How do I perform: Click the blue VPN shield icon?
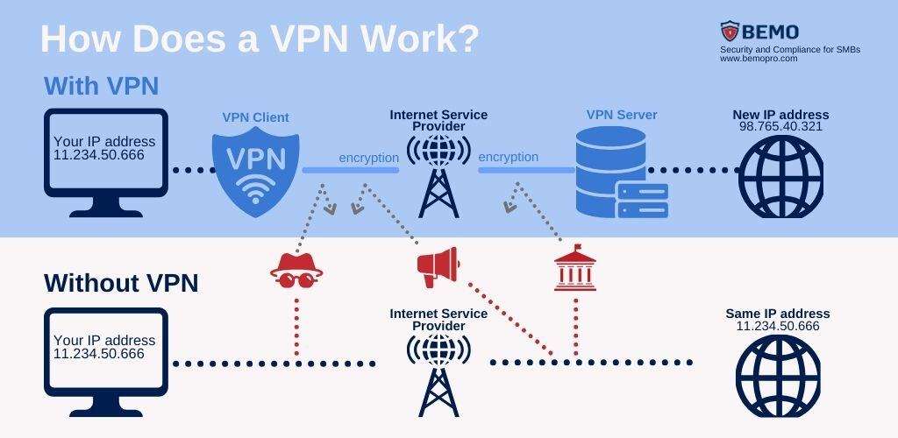[256, 169]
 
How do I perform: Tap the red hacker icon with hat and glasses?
[297, 271]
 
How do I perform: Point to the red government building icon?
[574, 268]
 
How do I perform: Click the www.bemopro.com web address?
[759, 59]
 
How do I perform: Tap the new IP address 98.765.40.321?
[780, 127]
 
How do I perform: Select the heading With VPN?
[101, 86]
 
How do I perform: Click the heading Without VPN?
[121, 283]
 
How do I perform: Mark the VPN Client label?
[255, 117]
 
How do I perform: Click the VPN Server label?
[622, 115]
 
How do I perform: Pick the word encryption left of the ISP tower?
[368, 158]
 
